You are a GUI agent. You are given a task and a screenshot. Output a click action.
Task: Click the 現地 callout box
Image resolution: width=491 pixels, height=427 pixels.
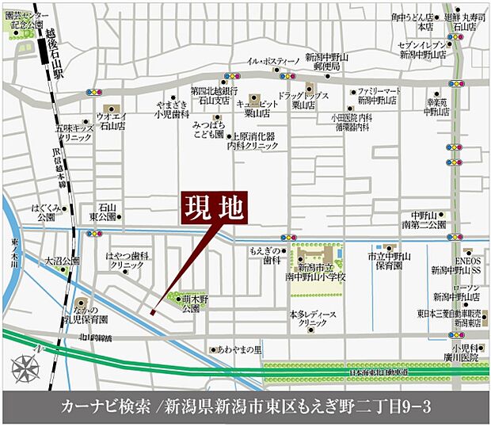(x=211, y=209)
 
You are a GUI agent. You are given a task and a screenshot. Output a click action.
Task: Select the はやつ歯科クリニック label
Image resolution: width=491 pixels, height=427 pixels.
(x=127, y=261)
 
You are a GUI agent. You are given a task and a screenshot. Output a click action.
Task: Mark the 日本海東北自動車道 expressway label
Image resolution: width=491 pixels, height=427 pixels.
(x=379, y=371)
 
